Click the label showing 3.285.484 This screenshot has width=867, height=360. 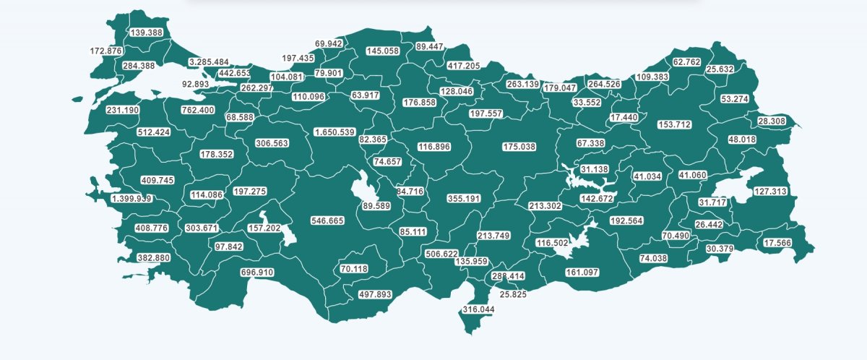(x=208, y=62)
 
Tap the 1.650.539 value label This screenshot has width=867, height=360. (x=334, y=132)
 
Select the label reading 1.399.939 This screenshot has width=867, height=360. (x=131, y=198)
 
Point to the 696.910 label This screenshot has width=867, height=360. (x=257, y=273)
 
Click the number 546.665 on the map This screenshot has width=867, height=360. (x=327, y=220)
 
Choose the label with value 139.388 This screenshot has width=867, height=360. (x=146, y=33)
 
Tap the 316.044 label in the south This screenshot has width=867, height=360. (x=478, y=309)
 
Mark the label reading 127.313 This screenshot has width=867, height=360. (x=770, y=192)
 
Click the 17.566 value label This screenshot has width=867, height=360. (x=777, y=243)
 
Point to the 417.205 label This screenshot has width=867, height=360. (x=463, y=66)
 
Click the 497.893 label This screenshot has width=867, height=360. (x=374, y=294)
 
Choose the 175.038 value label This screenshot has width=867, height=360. (x=519, y=147)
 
